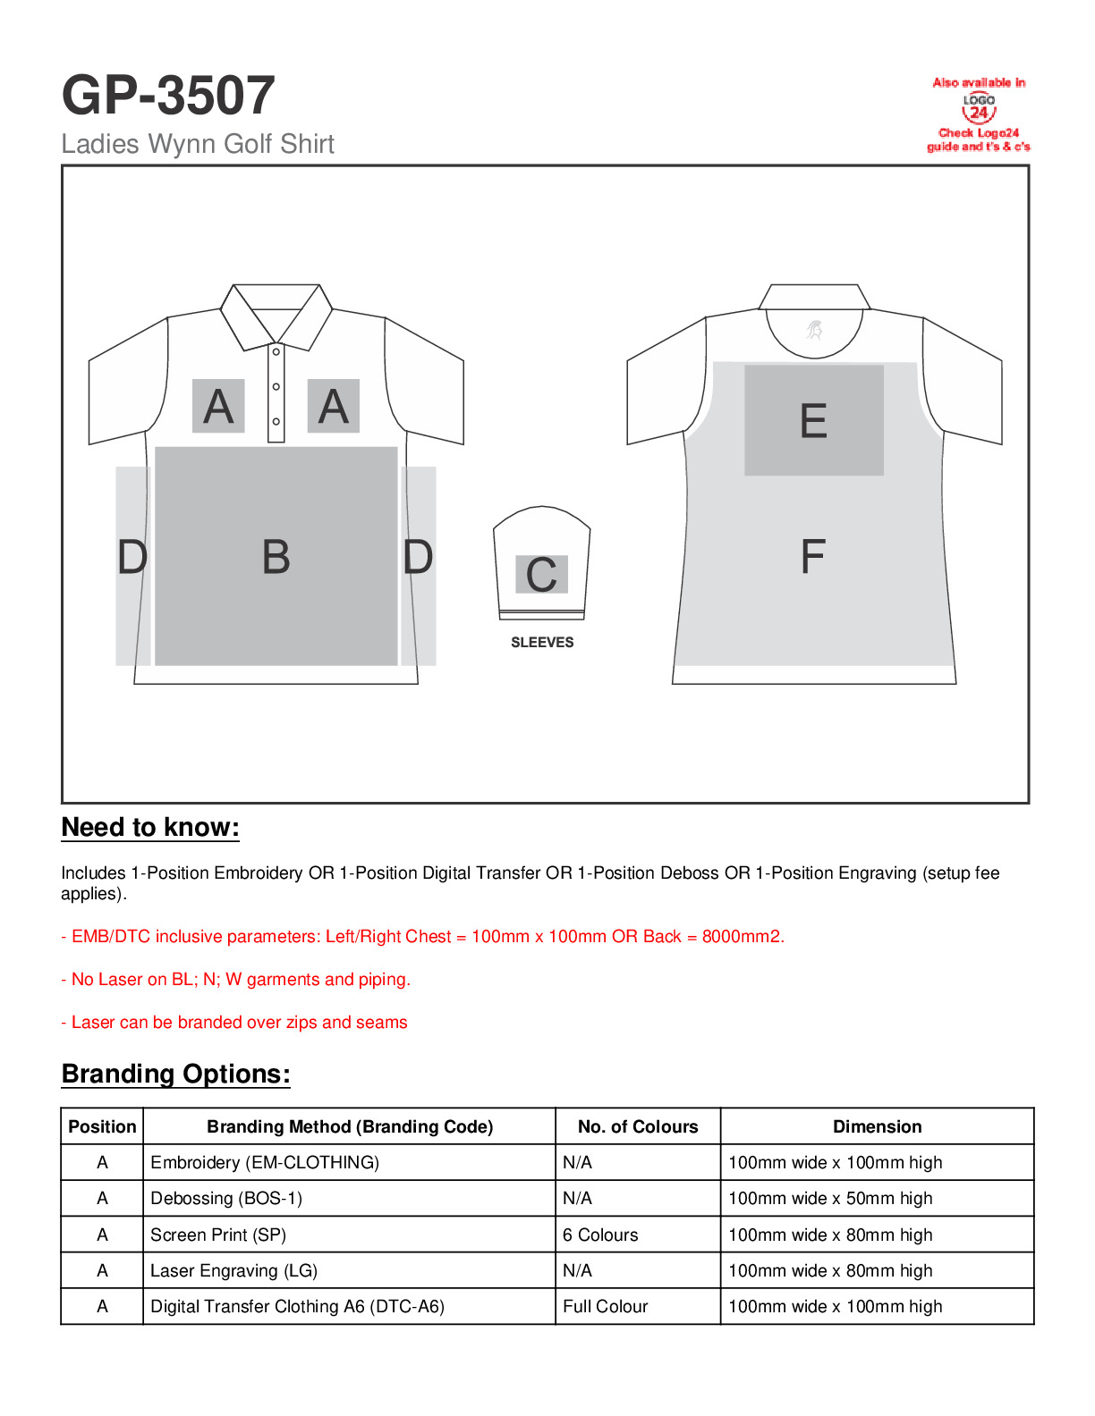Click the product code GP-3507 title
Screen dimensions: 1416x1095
pyautogui.click(x=168, y=96)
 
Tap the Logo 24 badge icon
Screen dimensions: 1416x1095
pyautogui.click(x=979, y=108)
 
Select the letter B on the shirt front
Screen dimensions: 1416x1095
pyautogui.click(x=276, y=557)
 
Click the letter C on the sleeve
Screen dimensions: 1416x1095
pyautogui.click(x=541, y=575)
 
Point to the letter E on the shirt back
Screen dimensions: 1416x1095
pyautogui.click(x=813, y=421)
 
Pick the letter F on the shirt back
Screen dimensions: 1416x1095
pyautogui.click(x=812, y=557)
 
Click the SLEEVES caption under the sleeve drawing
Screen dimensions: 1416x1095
pyautogui.click(x=542, y=643)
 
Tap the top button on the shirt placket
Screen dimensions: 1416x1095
pyautogui.click(x=276, y=352)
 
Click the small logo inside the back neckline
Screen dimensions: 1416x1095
pyautogui.click(x=814, y=331)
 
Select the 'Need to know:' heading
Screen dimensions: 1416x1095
pyautogui.click(x=150, y=828)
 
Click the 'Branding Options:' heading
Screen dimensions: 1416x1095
pyautogui.click(x=176, y=1075)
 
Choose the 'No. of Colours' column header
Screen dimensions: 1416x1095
pyautogui.click(x=638, y=1127)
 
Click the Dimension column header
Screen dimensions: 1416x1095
pyautogui.click(x=877, y=1127)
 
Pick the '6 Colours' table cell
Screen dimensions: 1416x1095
pyautogui.click(x=600, y=1235)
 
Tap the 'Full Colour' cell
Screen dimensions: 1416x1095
pyautogui.click(x=605, y=1307)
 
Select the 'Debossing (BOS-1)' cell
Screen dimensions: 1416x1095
pyautogui.click(x=226, y=1199)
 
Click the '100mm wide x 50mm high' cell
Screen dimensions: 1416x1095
pyautogui.click(x=830, y=1199)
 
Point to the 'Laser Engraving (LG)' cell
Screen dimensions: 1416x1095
pyautogui.click(x=233, y=1271)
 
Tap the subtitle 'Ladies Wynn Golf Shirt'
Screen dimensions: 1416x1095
pyautogui.click(x=198, y=144)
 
